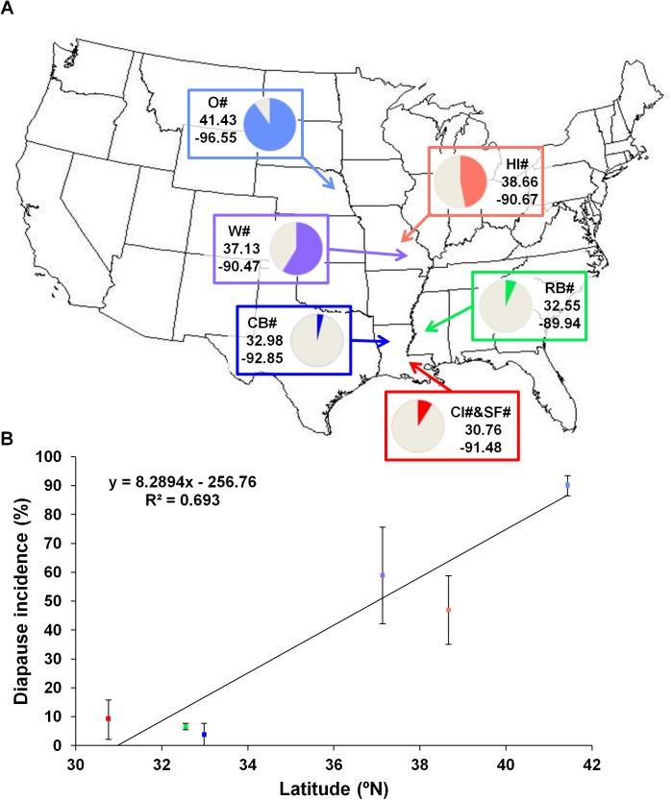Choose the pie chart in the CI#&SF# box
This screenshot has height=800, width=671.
(x=418, y=424)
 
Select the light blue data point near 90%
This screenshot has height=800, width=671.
(x=568, y=485)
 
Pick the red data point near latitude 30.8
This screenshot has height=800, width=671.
(x=109, y=718)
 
